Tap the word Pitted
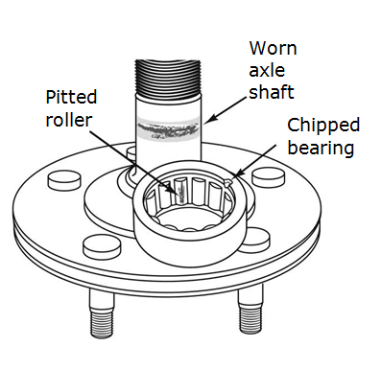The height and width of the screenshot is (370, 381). tap(71, 98)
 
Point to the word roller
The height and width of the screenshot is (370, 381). tap(68, 120)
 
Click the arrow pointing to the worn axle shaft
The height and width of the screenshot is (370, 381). tap(227, 112)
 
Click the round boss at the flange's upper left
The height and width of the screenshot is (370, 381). tap(62, 179)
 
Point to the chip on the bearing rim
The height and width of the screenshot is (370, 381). tap(228, 179)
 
